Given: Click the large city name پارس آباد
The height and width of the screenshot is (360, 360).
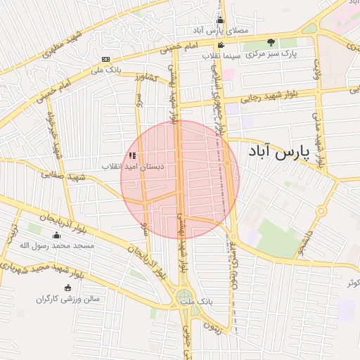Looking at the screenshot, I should point(279,152).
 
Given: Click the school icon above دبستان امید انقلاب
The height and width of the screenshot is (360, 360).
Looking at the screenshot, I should point(133,155).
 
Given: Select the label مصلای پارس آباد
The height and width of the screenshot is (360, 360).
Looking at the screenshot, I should point(222,31).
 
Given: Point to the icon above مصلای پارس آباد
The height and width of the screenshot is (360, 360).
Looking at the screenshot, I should point(220,20).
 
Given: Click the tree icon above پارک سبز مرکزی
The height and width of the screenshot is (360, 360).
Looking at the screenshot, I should point(271,43).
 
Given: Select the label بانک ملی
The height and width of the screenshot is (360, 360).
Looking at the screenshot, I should point(105,70).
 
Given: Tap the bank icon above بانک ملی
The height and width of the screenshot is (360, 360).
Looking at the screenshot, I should point(105,59).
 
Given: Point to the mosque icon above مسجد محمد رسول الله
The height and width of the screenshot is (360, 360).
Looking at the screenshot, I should point(57,235).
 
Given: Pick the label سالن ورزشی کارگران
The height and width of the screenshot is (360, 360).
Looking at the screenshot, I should point(68,299).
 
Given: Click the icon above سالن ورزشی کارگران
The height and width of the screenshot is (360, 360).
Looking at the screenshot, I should point(68,288).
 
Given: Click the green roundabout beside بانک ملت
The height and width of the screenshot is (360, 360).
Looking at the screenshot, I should point(184,297).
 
